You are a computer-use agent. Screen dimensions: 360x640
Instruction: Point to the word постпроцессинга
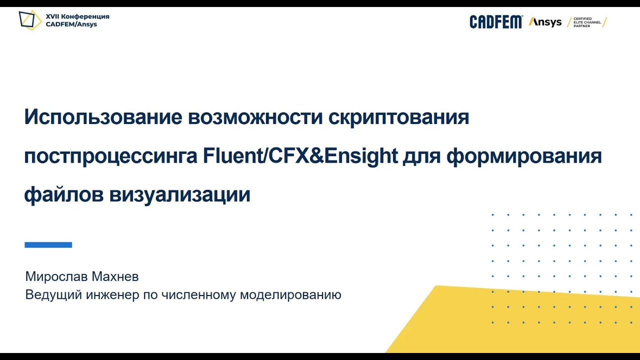[x=111, y=156]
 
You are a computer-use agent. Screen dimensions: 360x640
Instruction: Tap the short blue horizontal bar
[x=48, y=245]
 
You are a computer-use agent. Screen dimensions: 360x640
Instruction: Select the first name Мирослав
[x=55, y=276]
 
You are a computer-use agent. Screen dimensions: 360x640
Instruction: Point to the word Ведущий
[x=53, y=295]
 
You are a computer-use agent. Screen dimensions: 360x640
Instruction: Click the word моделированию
[x=290, y=295]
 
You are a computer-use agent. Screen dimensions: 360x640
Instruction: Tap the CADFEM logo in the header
[x=495, y=22]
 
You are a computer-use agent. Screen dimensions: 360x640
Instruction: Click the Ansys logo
[x=545, y=22]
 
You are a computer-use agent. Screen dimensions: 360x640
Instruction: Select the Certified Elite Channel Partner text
[x=586, y=22]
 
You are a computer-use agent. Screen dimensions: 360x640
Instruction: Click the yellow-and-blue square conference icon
[x=30, y=20]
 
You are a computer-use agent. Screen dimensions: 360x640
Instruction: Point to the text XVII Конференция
[x=77, y=16]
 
